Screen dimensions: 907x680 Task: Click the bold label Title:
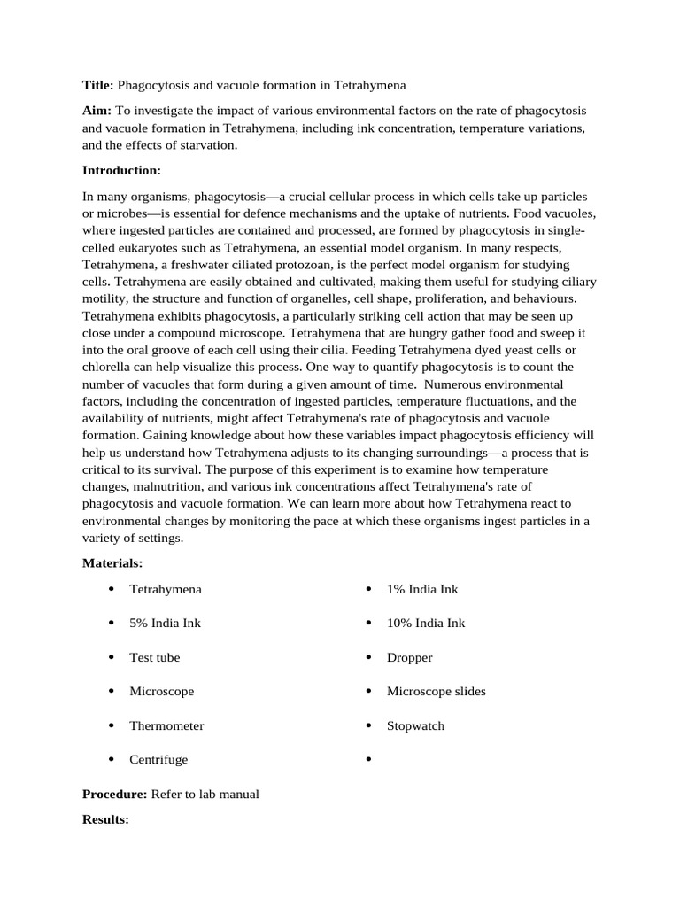pyautogui.click(x=97, y=85)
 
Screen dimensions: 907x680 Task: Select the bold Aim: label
pyautogui.click(x=97, y=111)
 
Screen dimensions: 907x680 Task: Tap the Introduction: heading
pyautogui.click(x=121, y=170)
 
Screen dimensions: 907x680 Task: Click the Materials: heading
pyautogui.click(x=112, y=563)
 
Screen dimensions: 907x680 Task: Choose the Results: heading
pyautogui.click(x=105, y=820)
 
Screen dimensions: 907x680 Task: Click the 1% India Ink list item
pyautogui.click(x=422, y=589)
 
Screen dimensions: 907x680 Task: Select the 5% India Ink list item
pyautogui.click(x=165, y=623)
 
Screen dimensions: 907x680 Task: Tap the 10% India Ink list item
pyautogui.click(x=425, y=623)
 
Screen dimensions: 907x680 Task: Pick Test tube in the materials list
pyautogui.click(x=154, y=657)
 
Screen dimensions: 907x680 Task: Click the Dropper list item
pyautogui.click(x=409, y=657)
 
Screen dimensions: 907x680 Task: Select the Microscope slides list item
pyautogui.click(x=436, y=691)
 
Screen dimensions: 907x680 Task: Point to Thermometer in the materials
pyautogui.click(x=166, y=725)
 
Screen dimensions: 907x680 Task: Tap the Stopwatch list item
pyautogui.click(x=415, y=725)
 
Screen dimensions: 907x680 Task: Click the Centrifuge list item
pyautogui.click(x=158, y=759)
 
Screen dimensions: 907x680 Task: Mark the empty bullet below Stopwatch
pyautogui.click(x=368, y=760)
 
